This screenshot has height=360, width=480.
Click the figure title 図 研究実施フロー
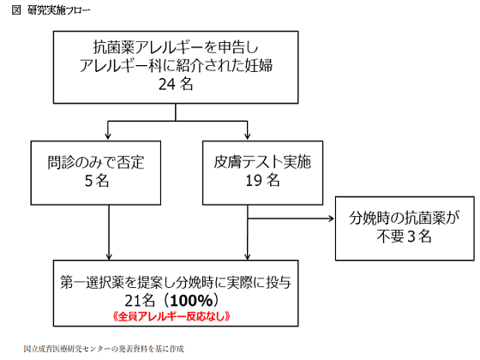49,10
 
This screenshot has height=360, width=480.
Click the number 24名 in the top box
177,84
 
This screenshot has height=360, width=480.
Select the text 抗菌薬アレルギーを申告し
177,49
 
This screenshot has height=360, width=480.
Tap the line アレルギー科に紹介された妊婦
177,67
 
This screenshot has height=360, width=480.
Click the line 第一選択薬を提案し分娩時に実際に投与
176,280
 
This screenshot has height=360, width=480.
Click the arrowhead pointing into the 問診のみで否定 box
105,135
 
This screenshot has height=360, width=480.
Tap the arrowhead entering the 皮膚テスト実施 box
249,135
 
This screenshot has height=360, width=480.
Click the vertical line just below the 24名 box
177,111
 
